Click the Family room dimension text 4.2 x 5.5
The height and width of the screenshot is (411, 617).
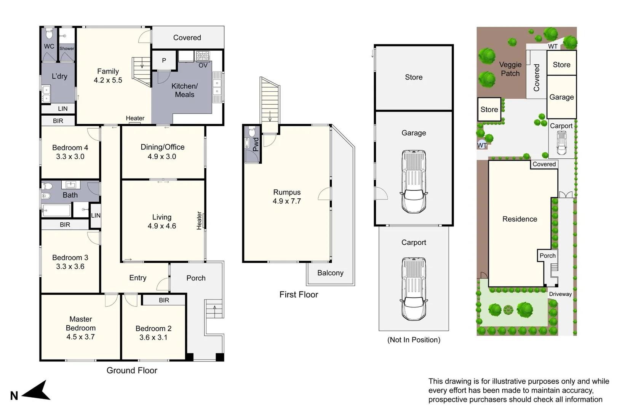pyautogui.click(x=108, y=80)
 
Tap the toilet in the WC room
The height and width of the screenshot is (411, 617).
pyautogui.click(x=49, y=34)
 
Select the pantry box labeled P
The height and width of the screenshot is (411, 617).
pyautogui.click(x=164, y=61)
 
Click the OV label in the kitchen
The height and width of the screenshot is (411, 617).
pyautogui.click(x=203, y=65)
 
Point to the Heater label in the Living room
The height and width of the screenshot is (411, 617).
pyautogui.click(x=199, y=221)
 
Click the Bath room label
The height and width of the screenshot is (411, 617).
pyautogui.click(x=70, y=195)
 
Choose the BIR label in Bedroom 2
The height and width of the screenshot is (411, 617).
pyautogui.click(x=164, y=300)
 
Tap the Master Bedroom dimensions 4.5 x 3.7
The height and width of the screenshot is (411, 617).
pyautogui.click(x=80, y=337)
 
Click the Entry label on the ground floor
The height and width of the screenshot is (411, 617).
pyautogui.click(x=137, y=278)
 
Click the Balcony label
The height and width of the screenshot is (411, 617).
pyautogui.click(x=330, y=273)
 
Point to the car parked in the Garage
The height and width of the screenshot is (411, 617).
pyautogui.click(x=414, y=182)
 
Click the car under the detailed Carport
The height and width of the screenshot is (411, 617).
pyautogui.click(x=414, y=289)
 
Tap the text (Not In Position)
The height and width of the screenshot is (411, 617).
pyautogui.click(x=414, y=340)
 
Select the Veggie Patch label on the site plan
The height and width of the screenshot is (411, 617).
pyautogui.click(x=510, y=69)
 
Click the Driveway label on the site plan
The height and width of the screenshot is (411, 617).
pyautogui.click(x=560, y=294)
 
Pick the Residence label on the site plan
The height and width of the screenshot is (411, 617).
pyautogui.click(x=519, y=219)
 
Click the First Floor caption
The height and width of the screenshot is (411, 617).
pyautogui.click(x=299, y=295)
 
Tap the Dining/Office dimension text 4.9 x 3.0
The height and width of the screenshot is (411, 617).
pyautogui.click(x=162, y=156)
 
